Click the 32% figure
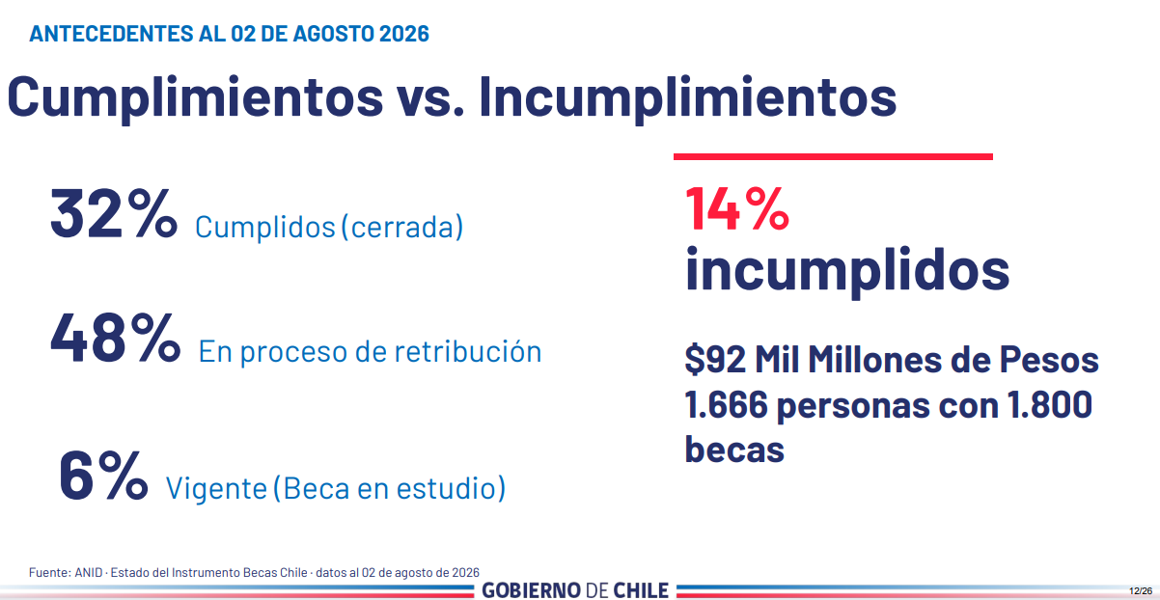coord(114,213)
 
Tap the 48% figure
coord(116,338)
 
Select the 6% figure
coord(103,476)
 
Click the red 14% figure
coord(737,208)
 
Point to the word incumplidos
coord(847,270)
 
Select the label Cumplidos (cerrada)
coord(329,227)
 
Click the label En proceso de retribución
coord(370,352)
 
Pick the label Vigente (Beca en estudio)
coord(336,488)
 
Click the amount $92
coord(715,359)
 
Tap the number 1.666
coord(726,405)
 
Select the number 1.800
coord(1050,405)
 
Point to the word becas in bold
coord(734,450)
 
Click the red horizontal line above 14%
coord(833,156)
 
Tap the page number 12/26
coord(1141,590)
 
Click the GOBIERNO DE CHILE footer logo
coord(575,590)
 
